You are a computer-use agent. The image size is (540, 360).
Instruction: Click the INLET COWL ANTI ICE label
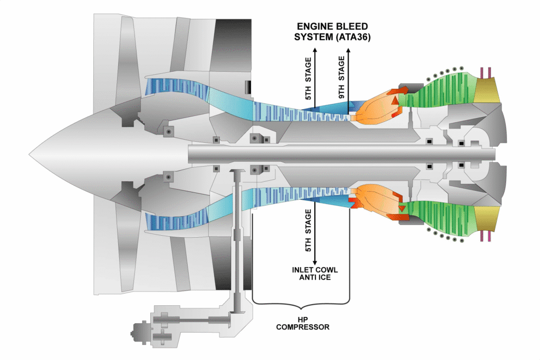pos(315,274)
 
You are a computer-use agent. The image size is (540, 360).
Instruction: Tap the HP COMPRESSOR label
pos(302,323)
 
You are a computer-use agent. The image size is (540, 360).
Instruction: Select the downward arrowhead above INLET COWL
pos(315,262)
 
